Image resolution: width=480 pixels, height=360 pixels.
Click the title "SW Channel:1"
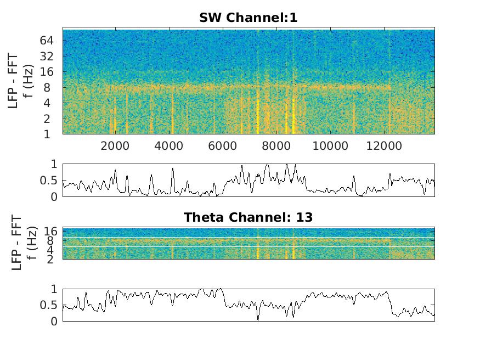click(248, 18)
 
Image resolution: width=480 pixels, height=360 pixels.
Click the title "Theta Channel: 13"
click(248, 217)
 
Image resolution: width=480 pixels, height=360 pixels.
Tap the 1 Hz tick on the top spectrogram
click(55, 134)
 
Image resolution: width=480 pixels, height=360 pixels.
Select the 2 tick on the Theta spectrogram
click(55, 258)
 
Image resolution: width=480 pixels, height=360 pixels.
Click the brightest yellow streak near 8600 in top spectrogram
click(293, 118)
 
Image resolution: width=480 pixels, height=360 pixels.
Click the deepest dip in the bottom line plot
click(258, 319)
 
